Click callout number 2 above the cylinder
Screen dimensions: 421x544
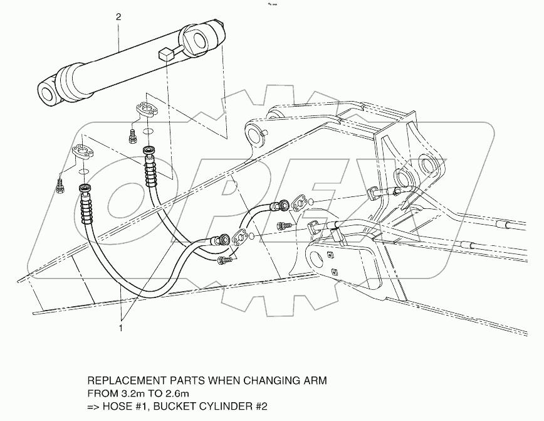pyautogui.click(x=118, y=17)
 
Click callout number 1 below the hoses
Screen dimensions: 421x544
pyautogui.click(x=122, y=327)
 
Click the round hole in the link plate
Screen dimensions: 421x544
pyautogui.click(x=316, y=256)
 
